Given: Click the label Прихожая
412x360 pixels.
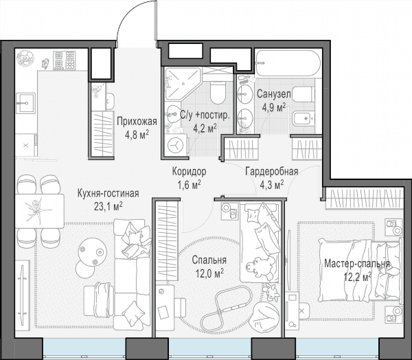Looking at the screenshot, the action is click(137, 122).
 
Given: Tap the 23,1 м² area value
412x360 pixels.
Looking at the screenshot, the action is click(108, 207).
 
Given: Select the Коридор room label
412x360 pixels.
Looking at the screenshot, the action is click(190, 172).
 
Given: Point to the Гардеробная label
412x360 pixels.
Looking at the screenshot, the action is click(272, 172).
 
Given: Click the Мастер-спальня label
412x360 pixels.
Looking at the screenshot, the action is click(357, 264).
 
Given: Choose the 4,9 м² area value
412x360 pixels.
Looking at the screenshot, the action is click(274, 107).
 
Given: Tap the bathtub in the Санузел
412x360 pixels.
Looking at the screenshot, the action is click(288, 63).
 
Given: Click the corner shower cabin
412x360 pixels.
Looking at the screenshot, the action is click(183, 83).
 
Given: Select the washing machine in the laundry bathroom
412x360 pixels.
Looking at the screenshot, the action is click(176, 145).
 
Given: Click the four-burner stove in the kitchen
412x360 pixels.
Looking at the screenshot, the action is click(65, 60).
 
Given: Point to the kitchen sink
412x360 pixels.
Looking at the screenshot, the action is click(25, 103).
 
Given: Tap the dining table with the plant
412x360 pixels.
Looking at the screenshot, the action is click(40, 211).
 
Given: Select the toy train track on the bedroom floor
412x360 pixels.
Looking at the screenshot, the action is click(226, 306).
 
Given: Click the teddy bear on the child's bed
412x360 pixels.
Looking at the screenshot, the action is click(260, 268).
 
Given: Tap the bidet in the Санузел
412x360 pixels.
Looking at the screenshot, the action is click(304, 118).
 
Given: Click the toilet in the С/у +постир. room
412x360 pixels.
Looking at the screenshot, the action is click(218, 93).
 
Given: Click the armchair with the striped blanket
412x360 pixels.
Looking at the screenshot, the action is click(100, 300).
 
